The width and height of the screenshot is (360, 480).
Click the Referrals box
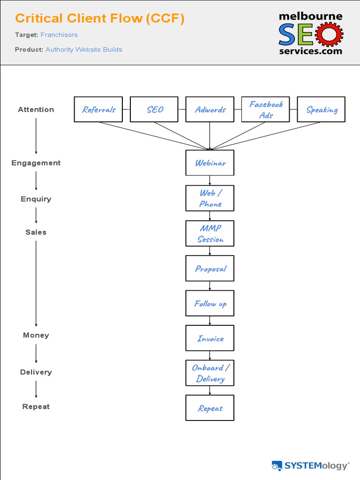pos(98,109)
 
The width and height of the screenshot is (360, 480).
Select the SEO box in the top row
pos(154,109)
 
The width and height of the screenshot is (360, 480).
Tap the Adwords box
pos(210,109)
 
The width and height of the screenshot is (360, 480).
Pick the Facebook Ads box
pos(265,109)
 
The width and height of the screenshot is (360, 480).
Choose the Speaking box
pos(321,109)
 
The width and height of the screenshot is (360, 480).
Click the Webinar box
pos(210,163)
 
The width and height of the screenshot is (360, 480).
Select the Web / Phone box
pos(210,198)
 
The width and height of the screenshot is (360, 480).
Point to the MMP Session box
pos(210,233)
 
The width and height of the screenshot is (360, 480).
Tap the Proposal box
pos(210,268)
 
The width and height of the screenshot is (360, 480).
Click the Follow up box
pos(210,303)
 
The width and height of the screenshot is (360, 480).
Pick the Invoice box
pos(210,338)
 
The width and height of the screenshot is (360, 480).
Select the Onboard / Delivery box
pos(210,373)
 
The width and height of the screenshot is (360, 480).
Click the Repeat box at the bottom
pos(210,408)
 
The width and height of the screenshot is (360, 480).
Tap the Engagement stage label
pos(36,163)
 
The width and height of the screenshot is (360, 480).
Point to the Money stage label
pos(36,335)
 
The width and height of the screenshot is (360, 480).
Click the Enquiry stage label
pos(36,199)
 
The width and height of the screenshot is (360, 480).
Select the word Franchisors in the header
pos(59,35)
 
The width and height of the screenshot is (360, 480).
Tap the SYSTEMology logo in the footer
pos(310,465)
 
